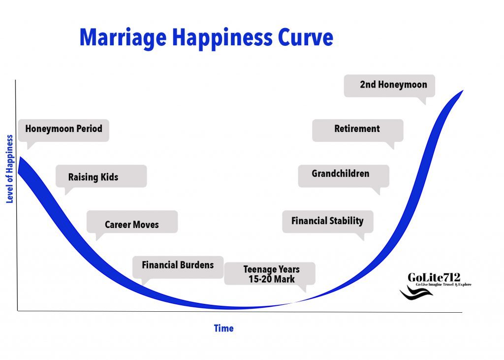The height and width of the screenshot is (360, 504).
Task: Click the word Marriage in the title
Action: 123,38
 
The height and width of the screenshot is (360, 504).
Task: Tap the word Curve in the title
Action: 305,37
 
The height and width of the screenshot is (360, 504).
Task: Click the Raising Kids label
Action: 93,177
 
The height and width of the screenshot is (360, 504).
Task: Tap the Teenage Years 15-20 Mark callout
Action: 270,274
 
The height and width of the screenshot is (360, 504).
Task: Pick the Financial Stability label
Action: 327,221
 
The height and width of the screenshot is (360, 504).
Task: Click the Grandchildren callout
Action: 344,176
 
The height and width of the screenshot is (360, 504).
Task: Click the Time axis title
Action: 224,328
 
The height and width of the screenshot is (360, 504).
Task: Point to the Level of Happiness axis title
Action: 10,169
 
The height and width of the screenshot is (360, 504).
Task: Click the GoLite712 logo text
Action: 434,277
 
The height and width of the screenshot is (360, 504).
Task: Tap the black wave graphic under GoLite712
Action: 416,293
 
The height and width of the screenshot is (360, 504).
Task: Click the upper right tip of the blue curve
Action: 463,91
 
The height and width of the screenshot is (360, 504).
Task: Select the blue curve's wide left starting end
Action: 19,164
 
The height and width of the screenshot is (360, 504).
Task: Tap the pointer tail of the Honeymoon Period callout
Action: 30,146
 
